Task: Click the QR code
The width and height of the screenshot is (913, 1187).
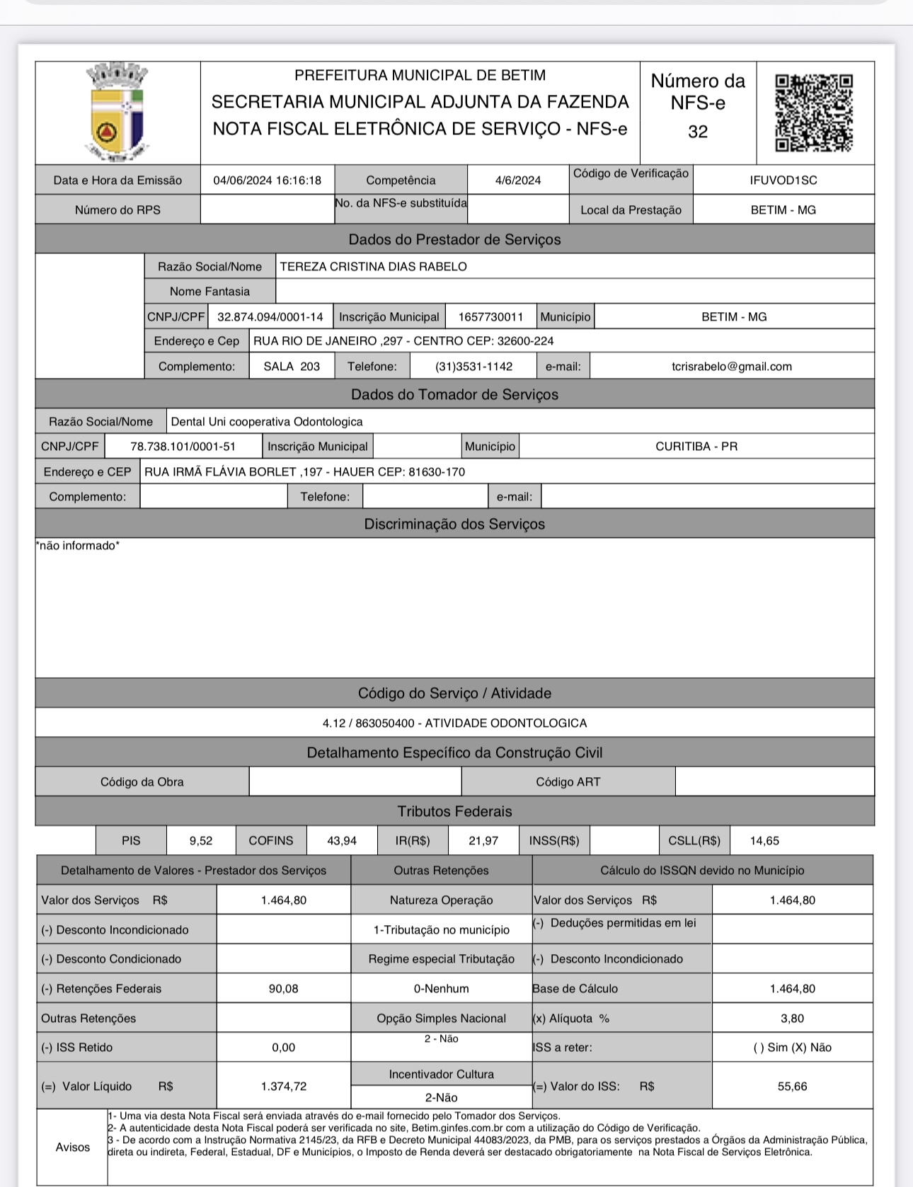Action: [x=814, y=113]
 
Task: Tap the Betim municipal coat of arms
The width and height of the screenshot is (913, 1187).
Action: [x=117, y=113]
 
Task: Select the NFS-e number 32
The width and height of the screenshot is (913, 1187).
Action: [x=698, y=132]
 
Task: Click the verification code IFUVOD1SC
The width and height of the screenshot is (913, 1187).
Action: [x=783, y=180]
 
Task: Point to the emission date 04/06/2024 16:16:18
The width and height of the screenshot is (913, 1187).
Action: [x=267, y=180]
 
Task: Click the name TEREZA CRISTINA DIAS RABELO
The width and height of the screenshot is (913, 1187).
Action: [x=373, y=267]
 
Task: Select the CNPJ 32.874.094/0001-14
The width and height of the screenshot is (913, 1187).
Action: [x=270, y=317]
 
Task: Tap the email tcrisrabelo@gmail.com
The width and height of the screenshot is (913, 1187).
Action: [x=731, y=367]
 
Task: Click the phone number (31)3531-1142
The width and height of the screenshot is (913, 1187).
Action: [x=473, y=367]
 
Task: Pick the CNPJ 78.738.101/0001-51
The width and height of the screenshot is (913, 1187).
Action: [x=183, y=447]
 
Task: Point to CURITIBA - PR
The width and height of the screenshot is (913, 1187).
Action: [x=696, y=447]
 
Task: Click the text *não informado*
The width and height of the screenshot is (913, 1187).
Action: [x=78, y=546]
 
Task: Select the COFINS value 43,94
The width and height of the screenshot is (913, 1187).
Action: [x=342, y=841]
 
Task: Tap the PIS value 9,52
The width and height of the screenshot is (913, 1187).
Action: [x=201, y=841]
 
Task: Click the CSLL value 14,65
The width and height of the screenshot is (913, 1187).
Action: [x=764, y=841]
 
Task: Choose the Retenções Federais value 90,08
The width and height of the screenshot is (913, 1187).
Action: [x=283, y=989]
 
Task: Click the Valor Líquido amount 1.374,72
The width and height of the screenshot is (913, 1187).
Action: [x=283, y=1086]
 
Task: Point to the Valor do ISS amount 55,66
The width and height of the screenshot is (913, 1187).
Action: [x=792, y=1086]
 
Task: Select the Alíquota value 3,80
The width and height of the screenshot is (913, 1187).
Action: [x=792, y=1019]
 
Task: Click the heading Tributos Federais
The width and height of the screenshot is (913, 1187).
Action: [x=454, y=812]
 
